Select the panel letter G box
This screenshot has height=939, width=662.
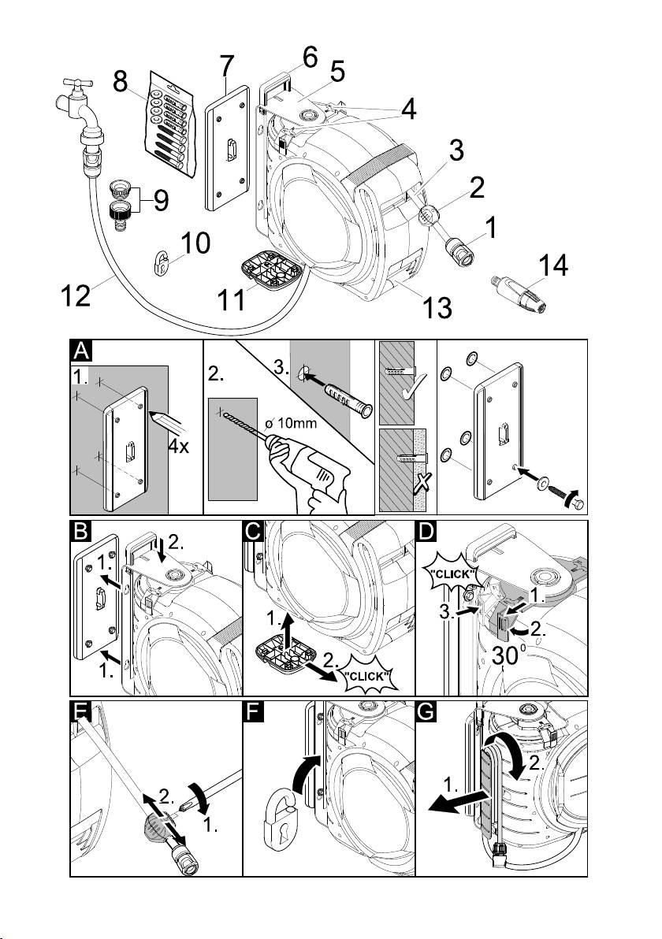click(426, 713)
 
